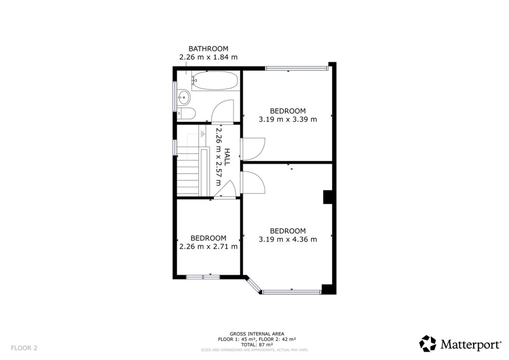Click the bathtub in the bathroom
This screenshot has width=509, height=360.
click(x=215, y=81)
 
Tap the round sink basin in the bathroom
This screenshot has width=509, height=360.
click(x=183, y=96)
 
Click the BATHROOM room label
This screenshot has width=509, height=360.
click(x=208, y=49)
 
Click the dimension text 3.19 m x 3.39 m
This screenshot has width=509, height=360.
click(x=288, y=119)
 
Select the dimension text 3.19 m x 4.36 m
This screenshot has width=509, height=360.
click(x=288, y=239)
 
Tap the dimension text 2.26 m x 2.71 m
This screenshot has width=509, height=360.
click(x=208, y=246)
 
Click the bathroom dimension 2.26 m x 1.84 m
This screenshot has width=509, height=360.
click(x=208, y=57)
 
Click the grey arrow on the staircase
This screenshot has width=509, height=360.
click(x=203, y=134)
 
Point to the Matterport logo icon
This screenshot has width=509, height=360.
click(x=427, y=343)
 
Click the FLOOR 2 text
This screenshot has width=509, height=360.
click(x=24, y=348)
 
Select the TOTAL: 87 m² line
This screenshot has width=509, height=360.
click(x=257, y=345)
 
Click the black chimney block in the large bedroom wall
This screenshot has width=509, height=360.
click(x=328, y=197)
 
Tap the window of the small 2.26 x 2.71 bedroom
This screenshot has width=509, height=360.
click(x=203, y=276)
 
